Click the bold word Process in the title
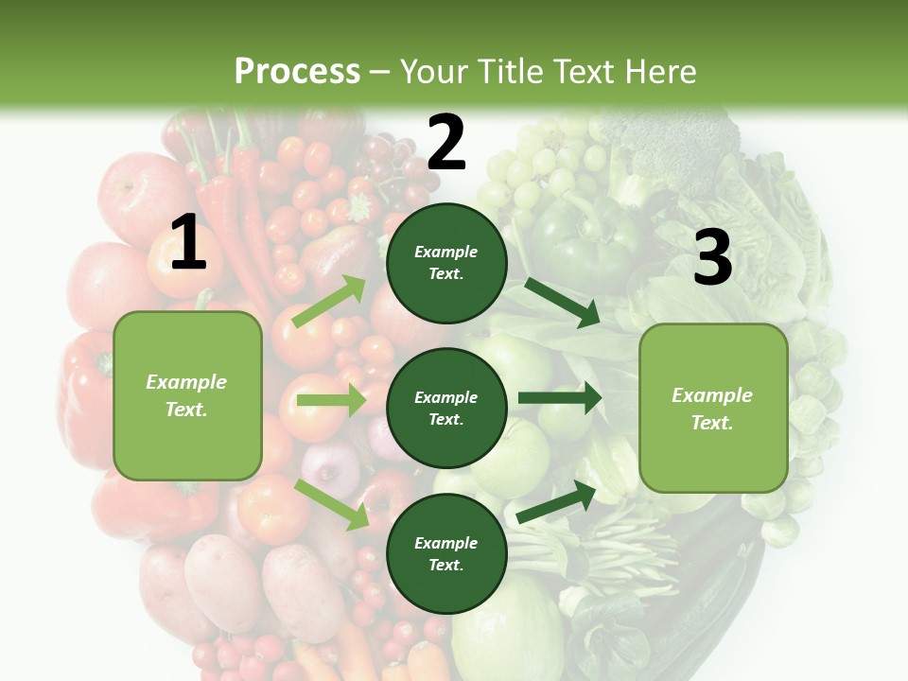point(297,72)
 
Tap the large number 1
point(187,242)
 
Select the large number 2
point(446,143)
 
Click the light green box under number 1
point(187,395)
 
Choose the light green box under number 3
point(713,408)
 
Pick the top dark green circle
point(446,263)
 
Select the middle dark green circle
point(446,408)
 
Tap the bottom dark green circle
point(446,553)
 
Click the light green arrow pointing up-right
point(329,302)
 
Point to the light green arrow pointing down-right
point(331,504)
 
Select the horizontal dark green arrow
point(559,397)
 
